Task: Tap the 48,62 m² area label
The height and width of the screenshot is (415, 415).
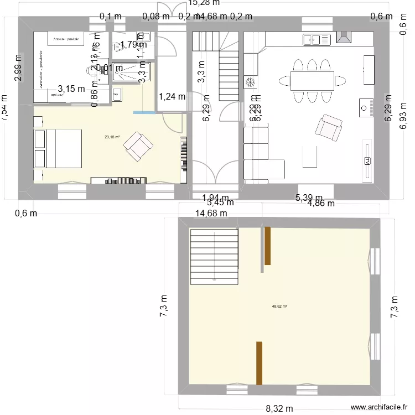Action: click(x=279, y=306)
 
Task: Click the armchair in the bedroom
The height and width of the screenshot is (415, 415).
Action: click(x=138, y=145)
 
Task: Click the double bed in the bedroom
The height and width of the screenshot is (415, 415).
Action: click(x=58, y=148)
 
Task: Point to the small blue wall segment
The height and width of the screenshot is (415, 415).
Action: click(x=144, y=113)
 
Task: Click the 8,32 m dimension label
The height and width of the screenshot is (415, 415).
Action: click(x=280, y=409)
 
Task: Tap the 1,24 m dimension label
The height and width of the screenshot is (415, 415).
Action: click(x=172, y=97)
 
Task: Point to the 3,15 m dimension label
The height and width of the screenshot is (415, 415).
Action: click(x=72, y=88)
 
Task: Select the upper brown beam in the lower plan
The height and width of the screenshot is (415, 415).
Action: click(x=267, y=246)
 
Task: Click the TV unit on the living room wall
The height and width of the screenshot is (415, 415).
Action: click(x=367, y=160)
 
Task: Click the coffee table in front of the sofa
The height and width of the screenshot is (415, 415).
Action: click(x=310, y=156)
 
